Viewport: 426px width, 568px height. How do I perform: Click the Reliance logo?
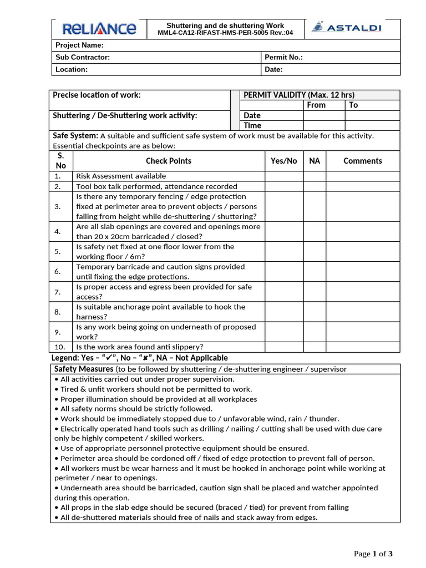tap(99, 29)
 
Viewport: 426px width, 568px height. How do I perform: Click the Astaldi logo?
tap(347, 28)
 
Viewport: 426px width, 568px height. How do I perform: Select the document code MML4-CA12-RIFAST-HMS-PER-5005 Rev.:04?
tap(225, 33)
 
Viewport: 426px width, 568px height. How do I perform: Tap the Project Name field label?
tap(79, 45)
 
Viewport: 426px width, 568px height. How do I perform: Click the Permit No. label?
tap(283, 58)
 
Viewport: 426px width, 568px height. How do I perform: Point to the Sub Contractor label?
tap(83, 58)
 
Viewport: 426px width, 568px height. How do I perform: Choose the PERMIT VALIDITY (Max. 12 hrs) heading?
tap(299, 95)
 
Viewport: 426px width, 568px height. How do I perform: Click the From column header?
tap(316, 105)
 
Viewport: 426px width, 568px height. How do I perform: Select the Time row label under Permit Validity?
tap(252, 125)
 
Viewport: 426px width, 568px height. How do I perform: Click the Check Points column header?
tap(169, 161)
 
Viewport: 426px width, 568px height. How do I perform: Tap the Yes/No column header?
tap(283, 161)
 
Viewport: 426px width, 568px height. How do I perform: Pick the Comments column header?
tap(362, 161)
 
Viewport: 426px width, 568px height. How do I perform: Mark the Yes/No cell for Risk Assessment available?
tap(283, 176)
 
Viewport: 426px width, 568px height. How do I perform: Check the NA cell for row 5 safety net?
tap(315, 252)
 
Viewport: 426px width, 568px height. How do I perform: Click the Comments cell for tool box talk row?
tap(362, 186)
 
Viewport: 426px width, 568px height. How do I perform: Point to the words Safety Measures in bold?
tap(83, 369)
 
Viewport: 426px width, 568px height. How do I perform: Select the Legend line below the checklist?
tap(140, 358)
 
